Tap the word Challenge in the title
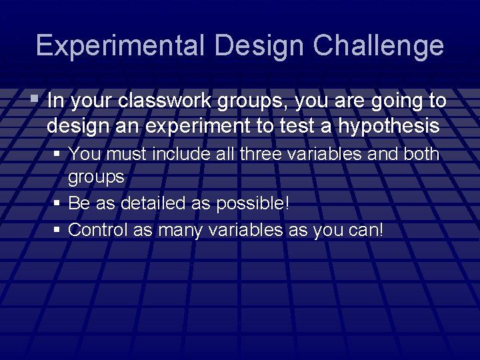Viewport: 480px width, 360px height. point(379,45)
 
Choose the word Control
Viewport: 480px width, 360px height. point(94,230)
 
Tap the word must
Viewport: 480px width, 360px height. point(126,154)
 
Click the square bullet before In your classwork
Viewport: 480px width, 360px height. point(35,101)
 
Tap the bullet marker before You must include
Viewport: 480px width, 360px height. point(59,154)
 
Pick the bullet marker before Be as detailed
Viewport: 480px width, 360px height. point(59,203)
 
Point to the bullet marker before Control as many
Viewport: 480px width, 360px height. point(59,230)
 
